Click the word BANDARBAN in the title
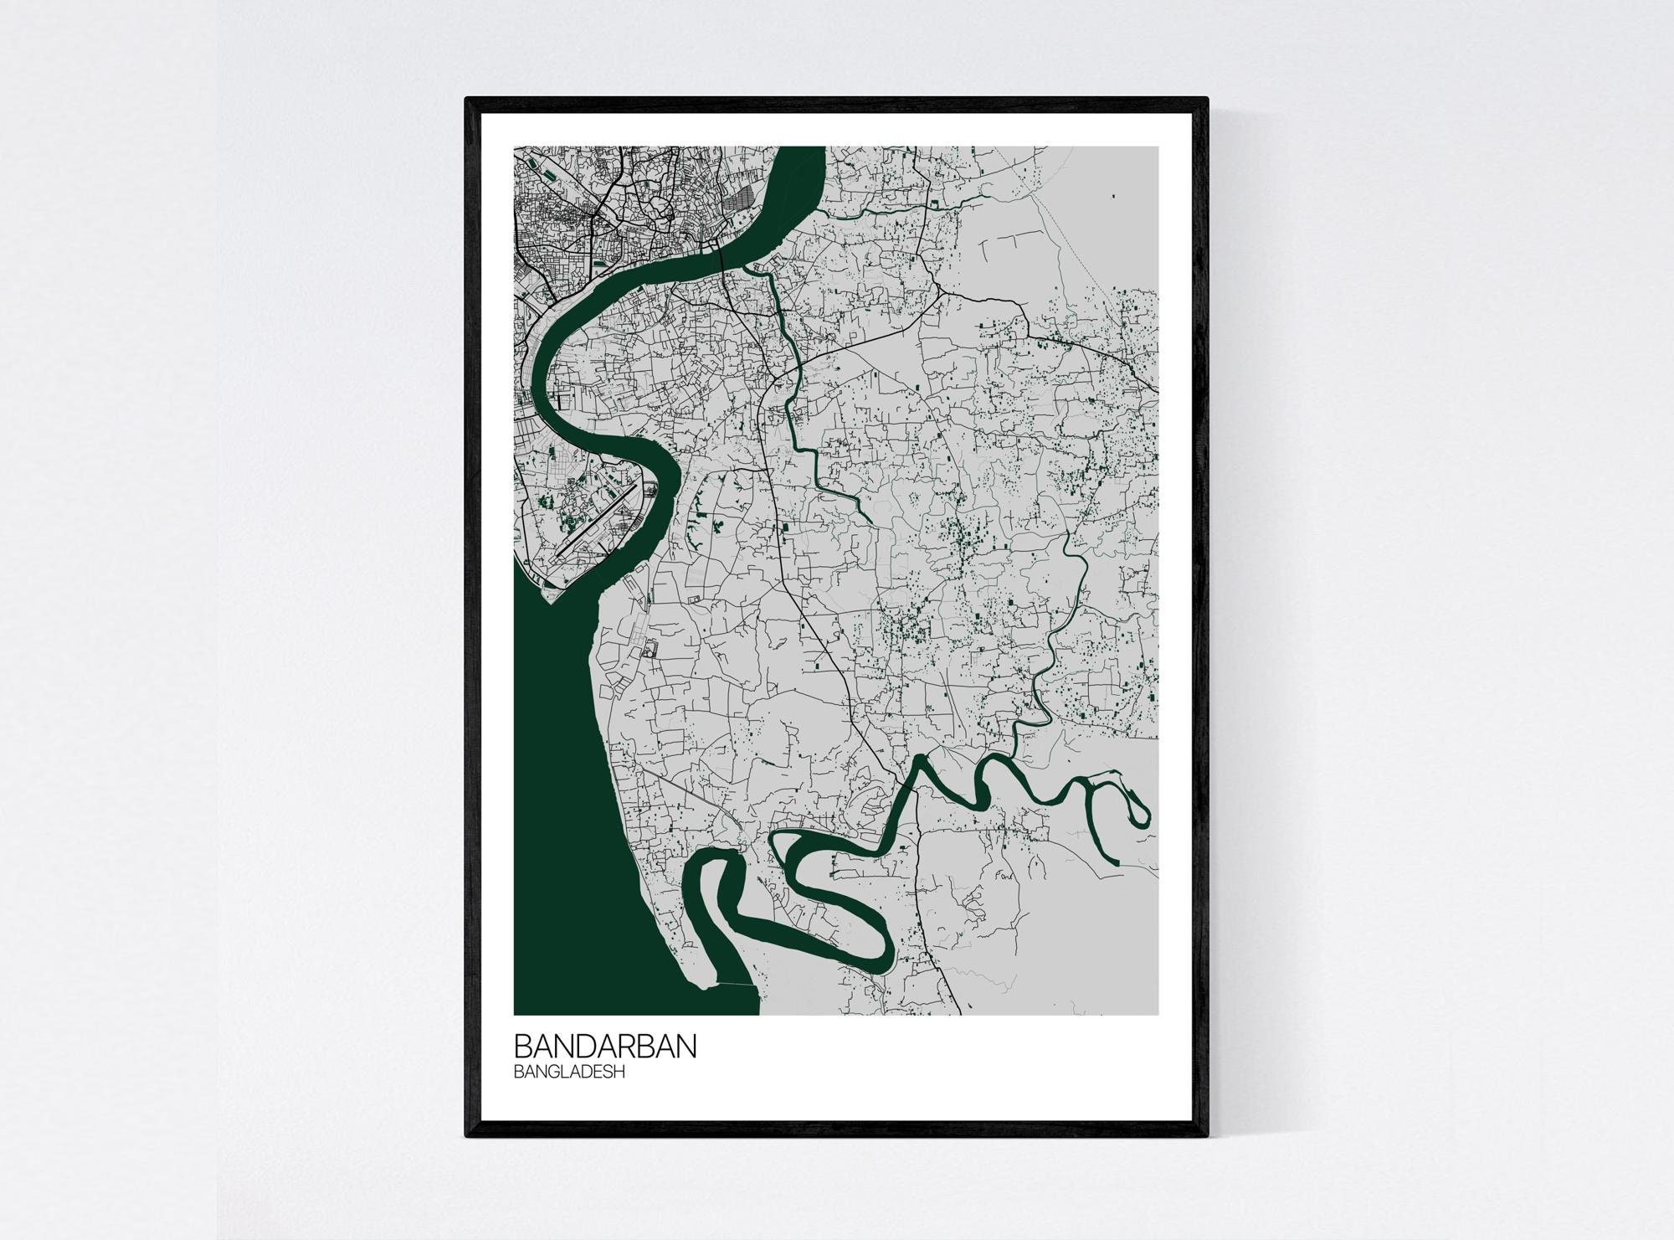pyautogui.click(x=604, y=1047)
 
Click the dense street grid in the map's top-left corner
pyautogui.click(x=552, y=209)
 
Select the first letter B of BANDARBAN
pyautogui.click(x=522, y=1047)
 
